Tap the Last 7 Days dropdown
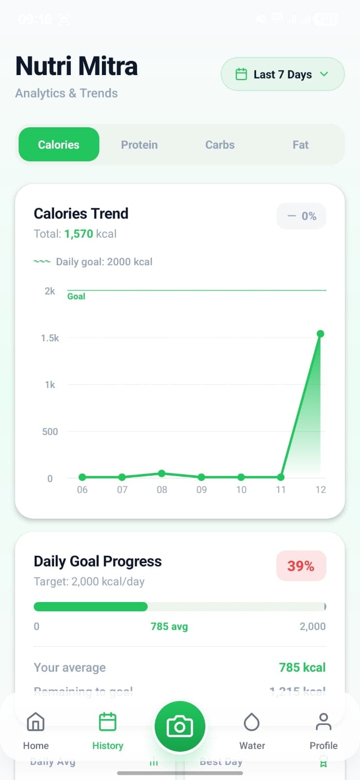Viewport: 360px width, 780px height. [x=282, y=74]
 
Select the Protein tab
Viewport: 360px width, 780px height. [x=139, y=145]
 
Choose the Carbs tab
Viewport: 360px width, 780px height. [x=220, y=145]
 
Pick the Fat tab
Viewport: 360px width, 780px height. [x=300, y=145]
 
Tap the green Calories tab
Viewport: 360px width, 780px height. [x=59, y=145]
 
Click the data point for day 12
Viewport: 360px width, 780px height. [x=320, y=334]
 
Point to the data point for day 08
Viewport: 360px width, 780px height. [x=162, y=473]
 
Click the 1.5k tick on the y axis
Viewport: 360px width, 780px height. [x=50, y=338]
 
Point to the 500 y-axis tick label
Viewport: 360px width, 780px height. [x=50, y=431]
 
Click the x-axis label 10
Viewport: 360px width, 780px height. [x=241, y=489]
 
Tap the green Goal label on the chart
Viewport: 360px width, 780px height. [x=76, y=296]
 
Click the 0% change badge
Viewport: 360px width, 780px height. [x=301, y=216]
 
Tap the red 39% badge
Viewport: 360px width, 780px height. [x=301, y=566]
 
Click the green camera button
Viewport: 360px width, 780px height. [x=180, y=727]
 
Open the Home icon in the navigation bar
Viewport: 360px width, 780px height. [x=36, y=722]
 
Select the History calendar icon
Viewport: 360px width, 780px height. [x=107, y=722]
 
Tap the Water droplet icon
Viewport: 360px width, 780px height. [x=252, y=722]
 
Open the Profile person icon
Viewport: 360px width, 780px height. [x=323, y=722]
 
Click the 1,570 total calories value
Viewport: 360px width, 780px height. [x=79, y=234]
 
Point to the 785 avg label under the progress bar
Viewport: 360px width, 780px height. [x=169, y=626]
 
